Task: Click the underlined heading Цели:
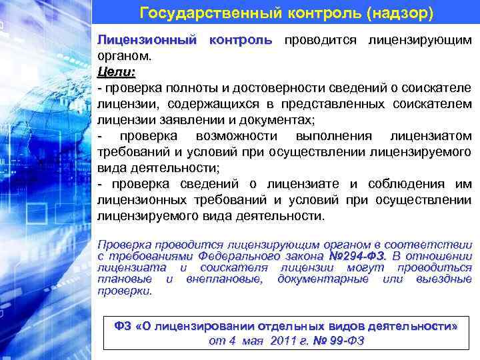click(x=116, y=71)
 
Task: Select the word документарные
click(x=323, y=279)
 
